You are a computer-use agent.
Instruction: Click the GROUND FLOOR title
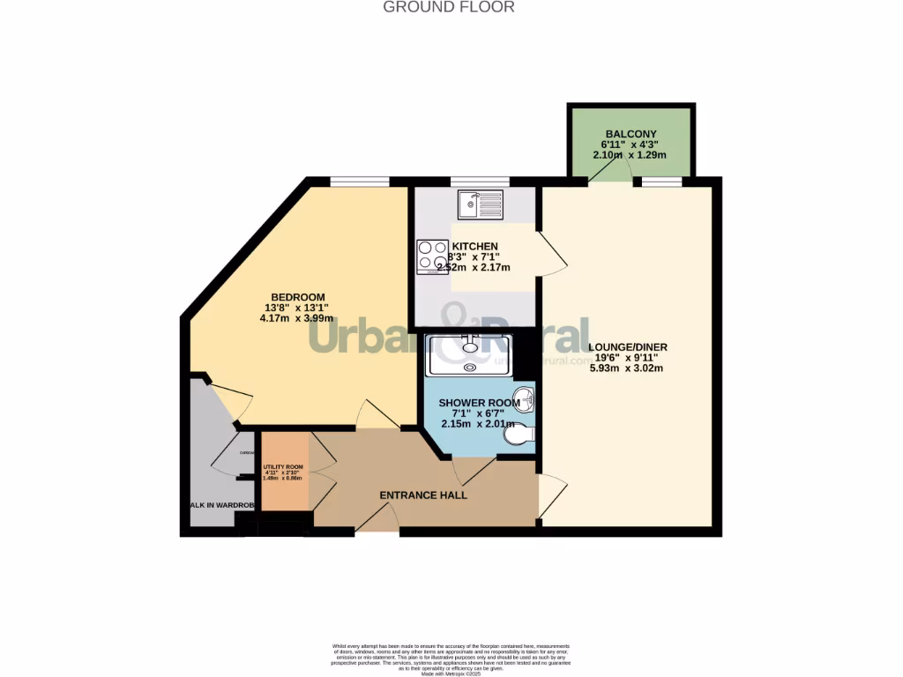click(x=448, y=7)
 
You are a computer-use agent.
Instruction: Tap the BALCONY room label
click(x=631, y=134)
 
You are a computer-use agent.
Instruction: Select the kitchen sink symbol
click(x=480, y=205)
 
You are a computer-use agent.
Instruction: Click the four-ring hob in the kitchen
click(x=433, y=256)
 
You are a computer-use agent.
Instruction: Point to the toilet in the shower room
click(x=526, y=434)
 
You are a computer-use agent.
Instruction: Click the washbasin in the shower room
click(x=526, y=399)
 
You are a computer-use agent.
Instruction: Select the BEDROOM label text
click(x=297, y=297)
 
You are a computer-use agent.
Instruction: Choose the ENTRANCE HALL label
click(x=423, y=495)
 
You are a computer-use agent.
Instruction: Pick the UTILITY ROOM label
click(x=283, y=467)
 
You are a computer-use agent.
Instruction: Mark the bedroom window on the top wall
click(x=360, y=182)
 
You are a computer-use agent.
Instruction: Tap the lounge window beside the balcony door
click(x=661, y=182)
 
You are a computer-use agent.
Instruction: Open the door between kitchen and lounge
click(x=552, y=256)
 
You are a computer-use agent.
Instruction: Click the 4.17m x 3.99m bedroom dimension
click(x=297, y=318)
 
